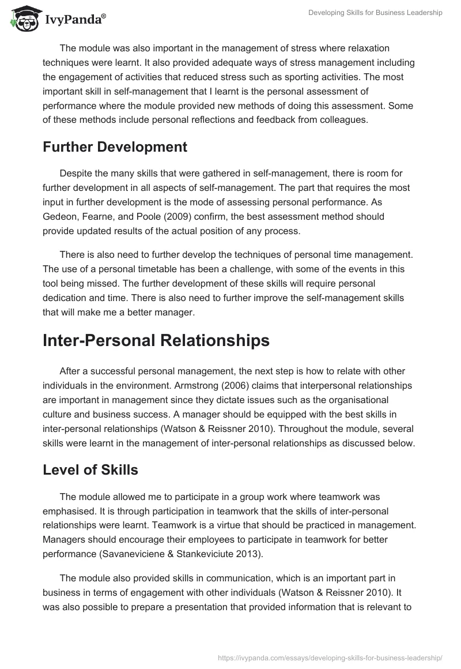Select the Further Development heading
[x=115, y=147]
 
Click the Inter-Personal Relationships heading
[x=156, y=340]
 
